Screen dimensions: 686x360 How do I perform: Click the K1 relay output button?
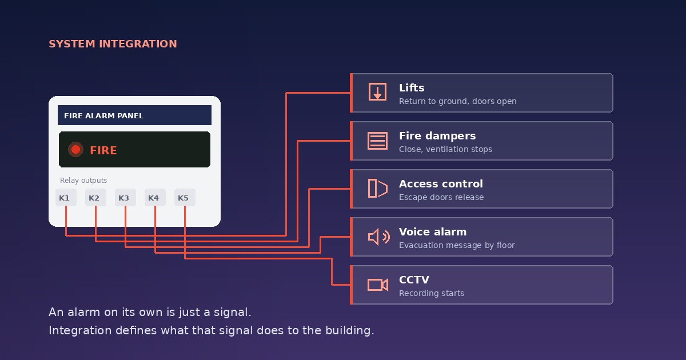66,198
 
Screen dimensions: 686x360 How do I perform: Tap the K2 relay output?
95,198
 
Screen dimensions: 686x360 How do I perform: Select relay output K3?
125,198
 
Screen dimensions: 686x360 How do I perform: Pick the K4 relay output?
155,198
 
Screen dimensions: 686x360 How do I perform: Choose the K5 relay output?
185,198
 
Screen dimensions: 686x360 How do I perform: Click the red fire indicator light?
75,150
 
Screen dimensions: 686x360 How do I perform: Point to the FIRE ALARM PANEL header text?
103,115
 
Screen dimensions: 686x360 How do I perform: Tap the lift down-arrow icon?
377,91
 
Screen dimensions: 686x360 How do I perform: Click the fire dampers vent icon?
377,141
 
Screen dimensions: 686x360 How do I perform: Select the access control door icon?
377,188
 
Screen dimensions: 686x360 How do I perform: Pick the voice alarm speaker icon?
378,237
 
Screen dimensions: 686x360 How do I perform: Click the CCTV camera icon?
378,285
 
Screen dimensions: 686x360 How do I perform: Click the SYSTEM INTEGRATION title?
113,44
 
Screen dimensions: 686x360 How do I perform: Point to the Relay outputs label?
83,181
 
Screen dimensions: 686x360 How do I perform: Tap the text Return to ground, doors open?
457,101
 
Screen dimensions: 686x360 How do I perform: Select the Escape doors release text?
441,197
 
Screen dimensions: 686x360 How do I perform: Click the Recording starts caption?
432,293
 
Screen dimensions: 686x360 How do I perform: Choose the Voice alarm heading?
433,232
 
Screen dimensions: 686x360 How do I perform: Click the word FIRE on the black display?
103,150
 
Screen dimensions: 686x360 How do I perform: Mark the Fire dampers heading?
437,135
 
